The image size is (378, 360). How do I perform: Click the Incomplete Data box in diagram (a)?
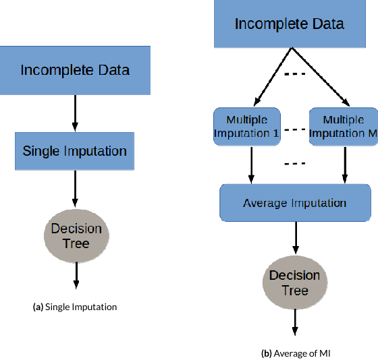coord(75,70)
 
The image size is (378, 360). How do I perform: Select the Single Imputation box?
coord(75,150)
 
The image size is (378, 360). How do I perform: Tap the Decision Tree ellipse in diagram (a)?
coord(76,235)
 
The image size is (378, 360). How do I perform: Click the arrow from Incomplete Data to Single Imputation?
coord(75,113)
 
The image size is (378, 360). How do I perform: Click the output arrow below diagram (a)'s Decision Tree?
coord(76,275)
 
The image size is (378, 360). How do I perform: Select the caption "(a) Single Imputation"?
coord(75,307)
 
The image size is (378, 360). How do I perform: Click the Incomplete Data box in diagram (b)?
coord(290,25)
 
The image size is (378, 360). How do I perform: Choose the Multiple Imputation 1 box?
coord(246,127)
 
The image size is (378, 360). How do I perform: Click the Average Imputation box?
coord(295,203)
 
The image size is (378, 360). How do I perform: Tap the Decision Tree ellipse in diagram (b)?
coord(295,284)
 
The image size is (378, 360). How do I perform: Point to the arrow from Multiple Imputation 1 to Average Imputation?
coord(252,164)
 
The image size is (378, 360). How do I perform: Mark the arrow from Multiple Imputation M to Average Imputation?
coord(345,164)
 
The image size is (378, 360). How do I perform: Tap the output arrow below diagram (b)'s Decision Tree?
coord(295,323)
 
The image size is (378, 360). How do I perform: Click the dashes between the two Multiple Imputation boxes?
coord(294,128)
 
